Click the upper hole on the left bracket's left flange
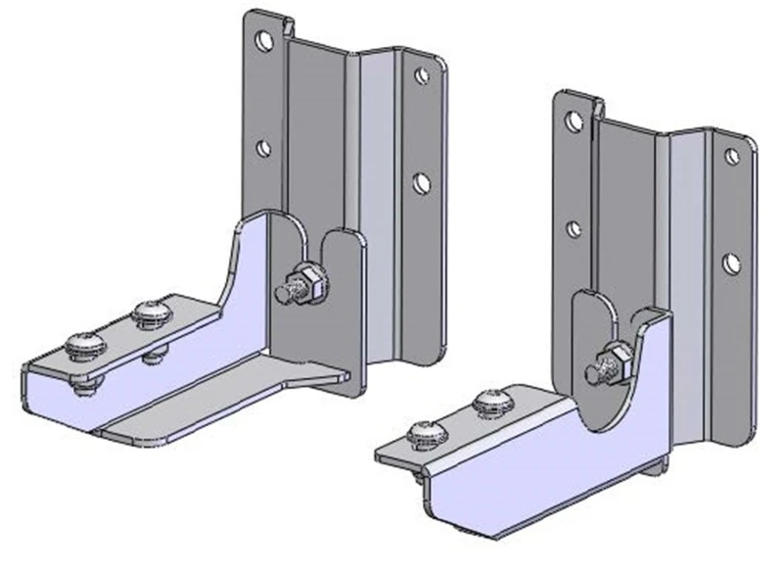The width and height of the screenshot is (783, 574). coord(263,40)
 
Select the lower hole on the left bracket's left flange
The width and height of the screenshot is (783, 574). coord(262,149)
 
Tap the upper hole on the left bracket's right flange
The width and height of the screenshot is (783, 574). coord(420,75)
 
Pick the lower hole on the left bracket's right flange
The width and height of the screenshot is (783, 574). coord(422,182)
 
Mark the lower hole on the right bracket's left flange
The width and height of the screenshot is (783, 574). coord(575,228)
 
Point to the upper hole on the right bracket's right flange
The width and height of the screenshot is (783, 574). coord(730,155)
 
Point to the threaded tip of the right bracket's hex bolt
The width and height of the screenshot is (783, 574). coord(593,372)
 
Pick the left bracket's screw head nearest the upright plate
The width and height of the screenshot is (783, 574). coord(154,313)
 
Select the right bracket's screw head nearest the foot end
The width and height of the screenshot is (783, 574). coord(422,431)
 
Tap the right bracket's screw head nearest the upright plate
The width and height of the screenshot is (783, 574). coord(488,401)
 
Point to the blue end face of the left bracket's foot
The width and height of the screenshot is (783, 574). coord(59,397)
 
